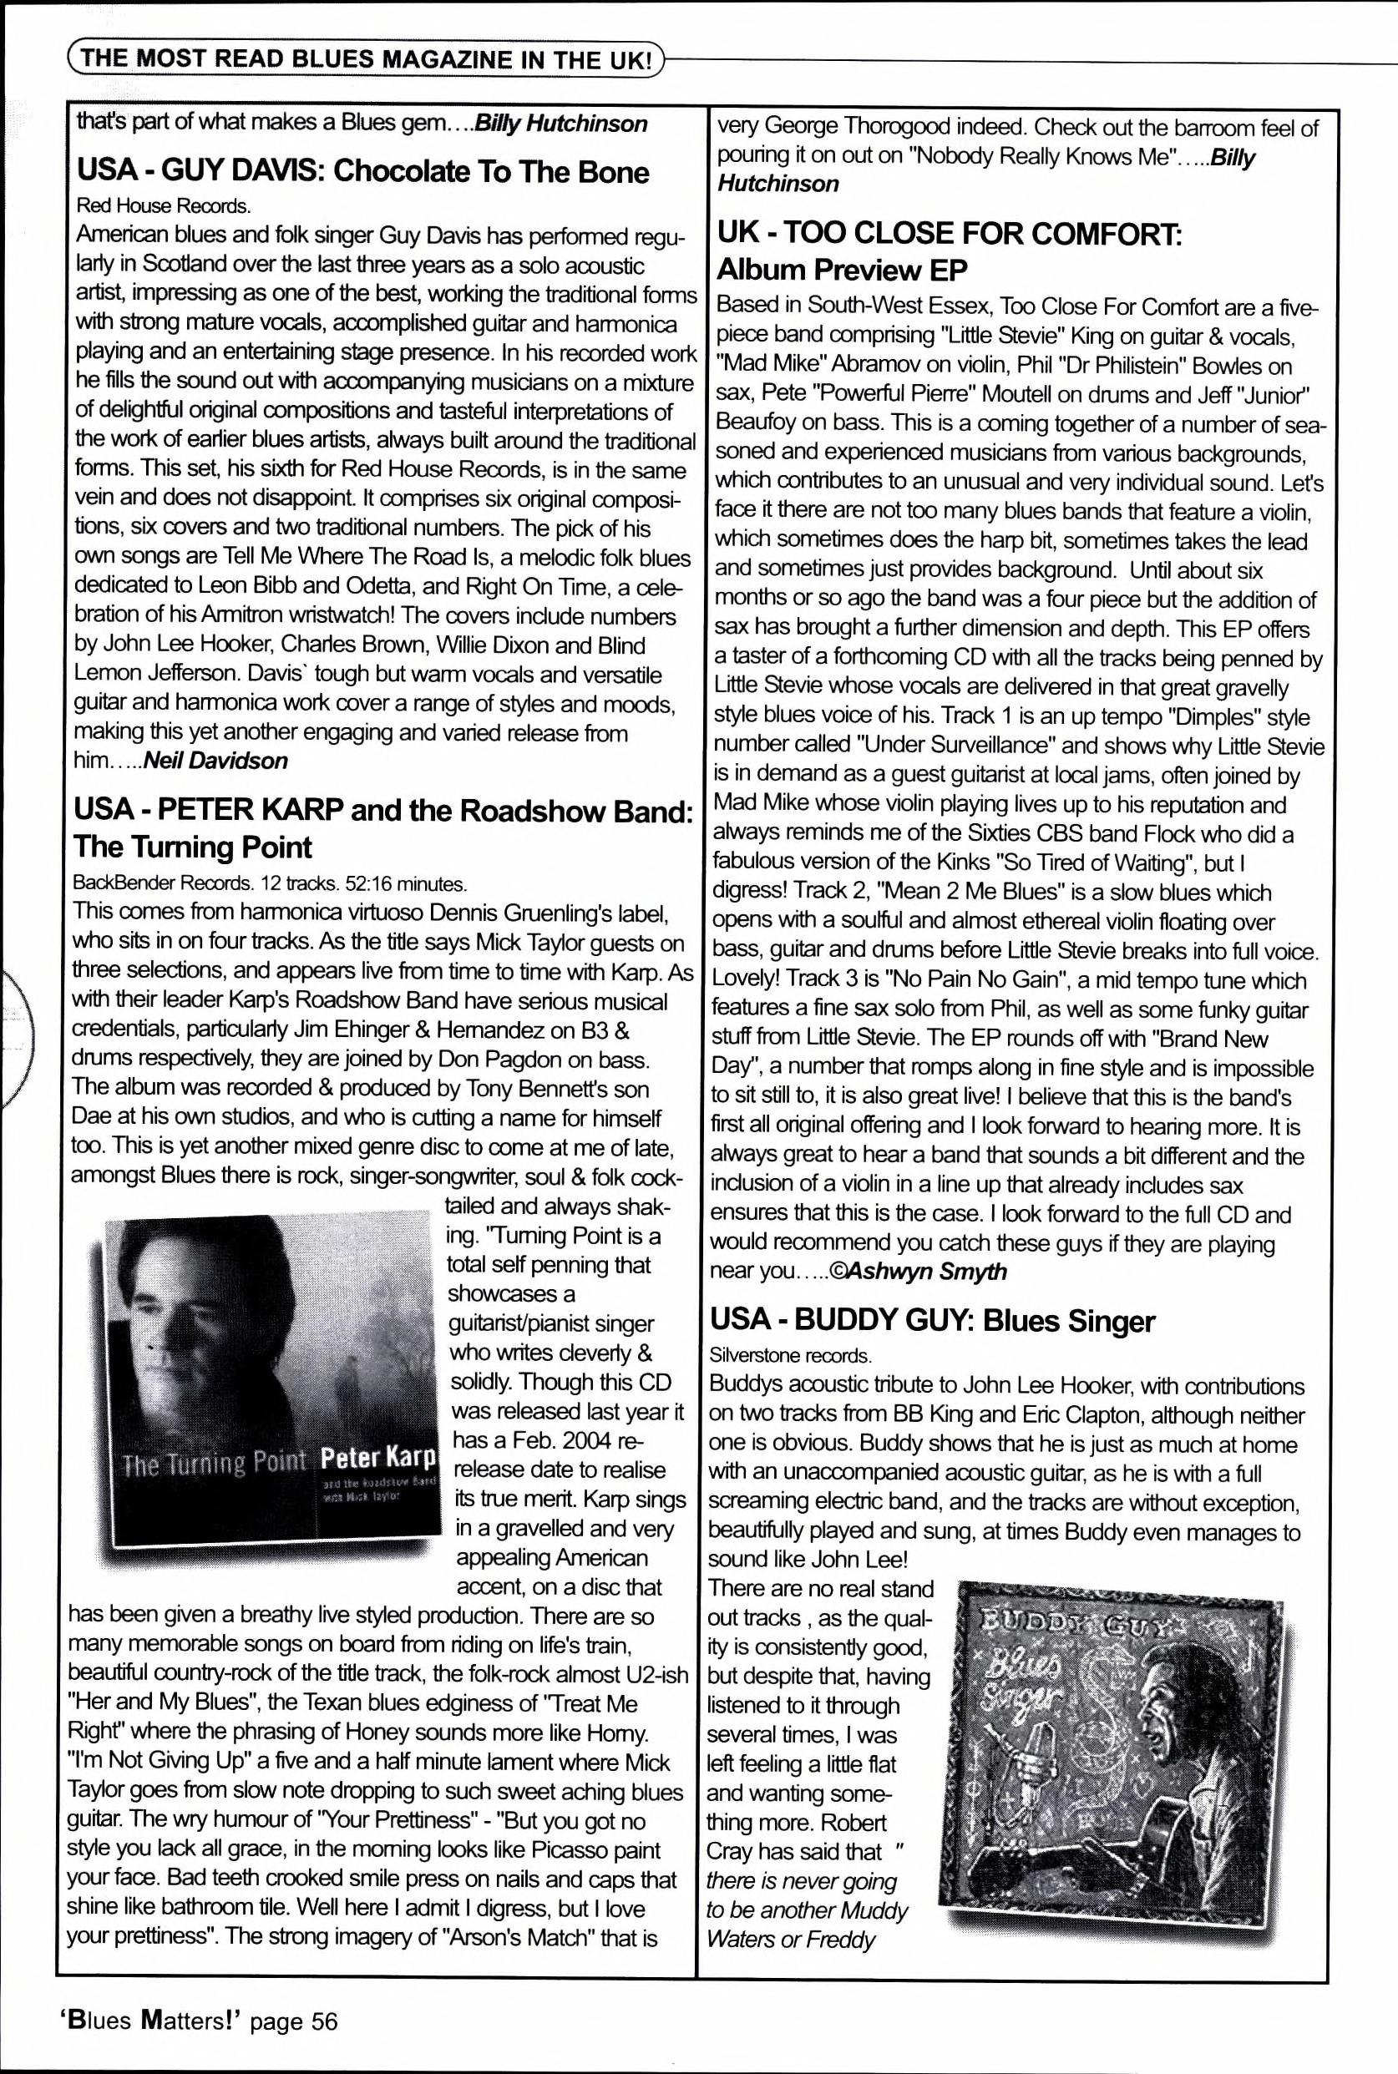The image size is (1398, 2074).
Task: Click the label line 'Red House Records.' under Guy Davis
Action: coord(163,206)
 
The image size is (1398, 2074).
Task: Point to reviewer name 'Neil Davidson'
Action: coord(215,761)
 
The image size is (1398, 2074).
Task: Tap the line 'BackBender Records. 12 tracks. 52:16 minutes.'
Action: coord(270,883)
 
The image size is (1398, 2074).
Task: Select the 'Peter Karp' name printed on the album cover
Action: coord(379,1458)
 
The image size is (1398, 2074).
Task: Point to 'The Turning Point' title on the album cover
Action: coord(213,1464)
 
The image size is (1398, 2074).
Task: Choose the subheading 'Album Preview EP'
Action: coord(842,269)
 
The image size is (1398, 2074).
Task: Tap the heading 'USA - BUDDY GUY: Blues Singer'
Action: coord(932,1321)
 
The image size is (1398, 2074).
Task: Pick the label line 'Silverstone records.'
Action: coord(789,1356)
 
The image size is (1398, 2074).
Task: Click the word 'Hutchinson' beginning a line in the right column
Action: coord(778,184)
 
